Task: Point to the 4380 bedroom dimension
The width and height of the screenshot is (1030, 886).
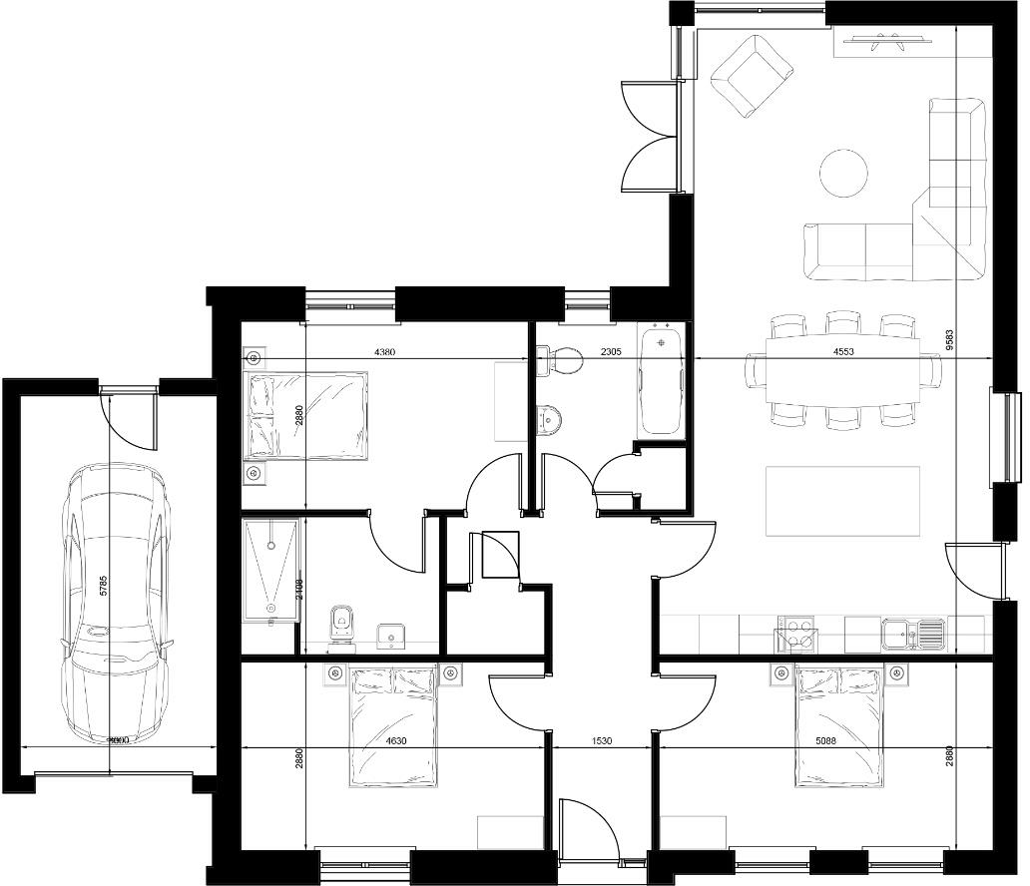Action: tap(388, 352)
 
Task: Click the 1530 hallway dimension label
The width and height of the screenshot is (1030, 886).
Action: tap(600, 741)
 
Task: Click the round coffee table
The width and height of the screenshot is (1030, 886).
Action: tap(843, 173)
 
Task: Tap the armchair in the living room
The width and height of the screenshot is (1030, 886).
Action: tap(751, 75)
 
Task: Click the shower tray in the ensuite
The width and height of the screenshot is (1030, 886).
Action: tap(270, 568)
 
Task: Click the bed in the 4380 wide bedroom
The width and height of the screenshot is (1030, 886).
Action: tap(306, 416)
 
